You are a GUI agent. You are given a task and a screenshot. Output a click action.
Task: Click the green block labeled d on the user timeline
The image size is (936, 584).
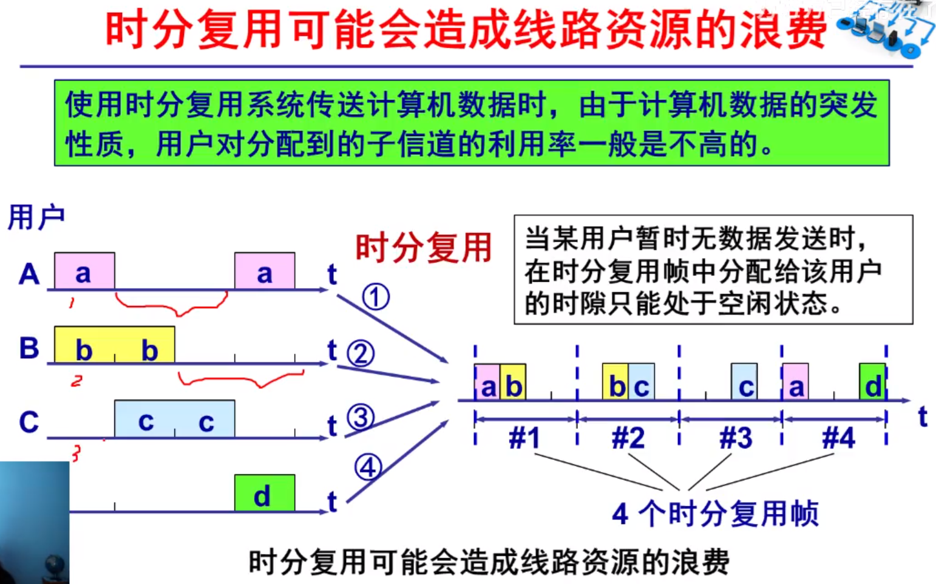tap(265, 493)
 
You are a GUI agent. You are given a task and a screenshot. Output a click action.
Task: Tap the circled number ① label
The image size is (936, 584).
tap(376, 297)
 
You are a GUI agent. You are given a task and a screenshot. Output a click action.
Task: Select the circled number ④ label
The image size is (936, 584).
tap(368, 467)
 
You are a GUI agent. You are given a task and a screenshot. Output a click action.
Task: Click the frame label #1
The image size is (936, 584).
tap(524, 438)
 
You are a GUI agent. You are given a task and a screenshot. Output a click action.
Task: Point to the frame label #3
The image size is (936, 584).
tap(736, 438)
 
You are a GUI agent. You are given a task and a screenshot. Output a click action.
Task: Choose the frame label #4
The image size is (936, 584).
tap(838, 438)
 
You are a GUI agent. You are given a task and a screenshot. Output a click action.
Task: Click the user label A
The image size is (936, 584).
tap(29, 274)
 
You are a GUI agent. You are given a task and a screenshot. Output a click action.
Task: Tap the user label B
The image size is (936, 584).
tap(29, 348)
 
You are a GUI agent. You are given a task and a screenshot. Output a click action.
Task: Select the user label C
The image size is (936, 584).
tap(29, 422)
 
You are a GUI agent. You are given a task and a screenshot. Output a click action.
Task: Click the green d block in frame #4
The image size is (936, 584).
tap(872, 382)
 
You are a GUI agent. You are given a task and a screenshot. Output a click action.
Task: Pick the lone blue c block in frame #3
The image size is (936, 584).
tap(744, 382)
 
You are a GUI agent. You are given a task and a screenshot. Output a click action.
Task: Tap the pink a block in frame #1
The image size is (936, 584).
tap(487, 383)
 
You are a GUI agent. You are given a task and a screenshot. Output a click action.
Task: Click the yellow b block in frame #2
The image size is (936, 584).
tap(615, 382)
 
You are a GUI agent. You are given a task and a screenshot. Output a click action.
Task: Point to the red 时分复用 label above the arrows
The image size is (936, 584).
tap(423, 248)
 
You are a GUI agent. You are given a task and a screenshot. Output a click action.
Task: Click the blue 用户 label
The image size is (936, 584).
tap(36, 217)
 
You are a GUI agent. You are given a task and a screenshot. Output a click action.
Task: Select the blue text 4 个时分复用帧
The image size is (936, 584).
tap(715, 514)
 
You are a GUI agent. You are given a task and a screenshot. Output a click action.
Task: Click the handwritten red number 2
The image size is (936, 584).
tap(76, 381)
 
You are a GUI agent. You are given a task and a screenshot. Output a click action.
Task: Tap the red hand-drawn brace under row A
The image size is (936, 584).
tap(172, 303)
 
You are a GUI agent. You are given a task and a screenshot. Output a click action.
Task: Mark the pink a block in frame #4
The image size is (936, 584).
tap(795, 382)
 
